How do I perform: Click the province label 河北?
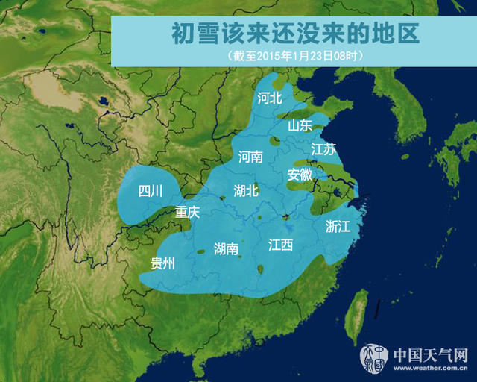[x=270, y=98]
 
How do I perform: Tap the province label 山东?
[x=300, y=125]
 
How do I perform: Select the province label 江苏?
[x=324, y=149]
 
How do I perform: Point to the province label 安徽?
[x=300, y=175]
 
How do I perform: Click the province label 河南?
[x=250, y=157]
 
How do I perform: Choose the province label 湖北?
[x=246, y=190]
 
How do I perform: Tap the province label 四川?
[x=151, y=191]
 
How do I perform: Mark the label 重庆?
[x=188, y=212]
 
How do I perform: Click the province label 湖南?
[x=226, y=248]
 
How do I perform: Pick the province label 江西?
[x=280, y=244]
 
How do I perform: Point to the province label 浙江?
[x=338, y=226]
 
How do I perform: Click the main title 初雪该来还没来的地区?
[x=295, y=33]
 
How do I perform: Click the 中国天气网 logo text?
[x=430, y=353]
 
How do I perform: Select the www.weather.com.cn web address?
[x=430, y=367]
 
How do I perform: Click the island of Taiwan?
[x=359, y=306]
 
